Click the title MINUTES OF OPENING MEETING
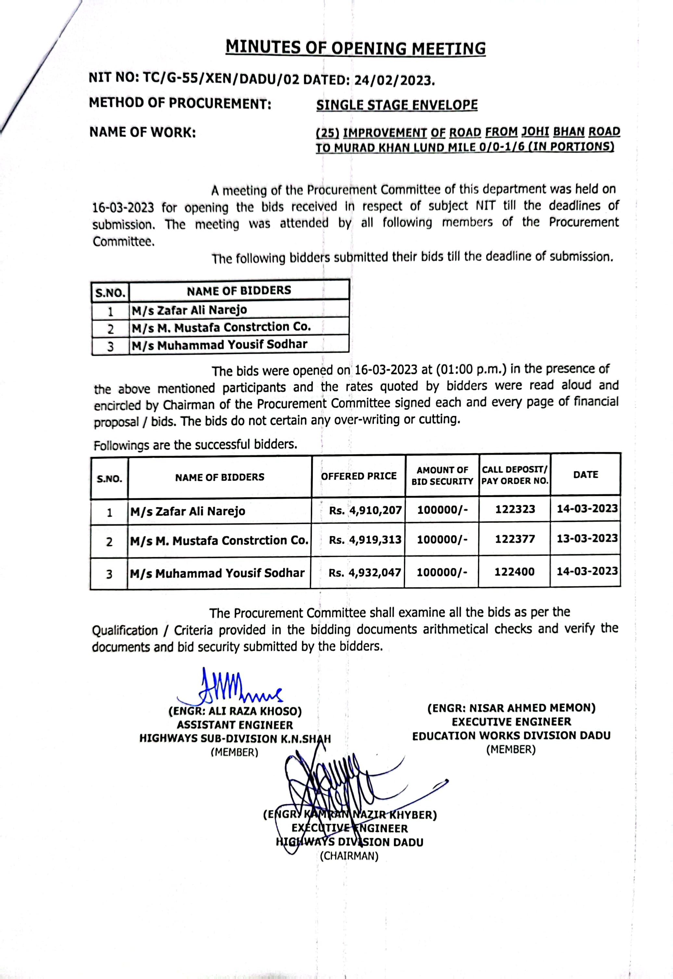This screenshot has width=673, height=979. click(355, 48)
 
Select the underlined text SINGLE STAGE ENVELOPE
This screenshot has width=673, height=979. click(397, 105)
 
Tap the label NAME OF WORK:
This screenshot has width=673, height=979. click(143, 133)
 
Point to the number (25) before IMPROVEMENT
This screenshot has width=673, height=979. click(328, 133)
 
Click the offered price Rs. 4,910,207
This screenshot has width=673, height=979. click(365, 510)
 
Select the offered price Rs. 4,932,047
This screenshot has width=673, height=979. click(365, 573)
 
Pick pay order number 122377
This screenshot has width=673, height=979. click(515, 539)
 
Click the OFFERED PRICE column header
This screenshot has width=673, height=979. click(359, 476)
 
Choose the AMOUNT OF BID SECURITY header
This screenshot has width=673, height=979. click(442, 476)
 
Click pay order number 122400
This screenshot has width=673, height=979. click(514, 572)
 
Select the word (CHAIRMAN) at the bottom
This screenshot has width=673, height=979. click(349, 856)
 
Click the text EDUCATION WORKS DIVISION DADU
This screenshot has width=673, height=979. click(511, 736)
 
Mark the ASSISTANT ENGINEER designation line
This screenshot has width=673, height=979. click(235, 725)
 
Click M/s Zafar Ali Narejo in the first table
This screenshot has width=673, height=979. click(189, 310)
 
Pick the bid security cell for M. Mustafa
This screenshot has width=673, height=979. click(442, 539)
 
